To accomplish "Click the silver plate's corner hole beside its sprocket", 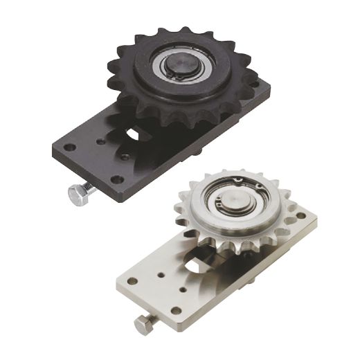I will tap(300, 215).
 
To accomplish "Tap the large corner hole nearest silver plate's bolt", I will tap(175, 311).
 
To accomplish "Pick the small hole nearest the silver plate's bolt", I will tap(183, 291).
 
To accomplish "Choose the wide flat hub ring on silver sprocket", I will tap(208, 222).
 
